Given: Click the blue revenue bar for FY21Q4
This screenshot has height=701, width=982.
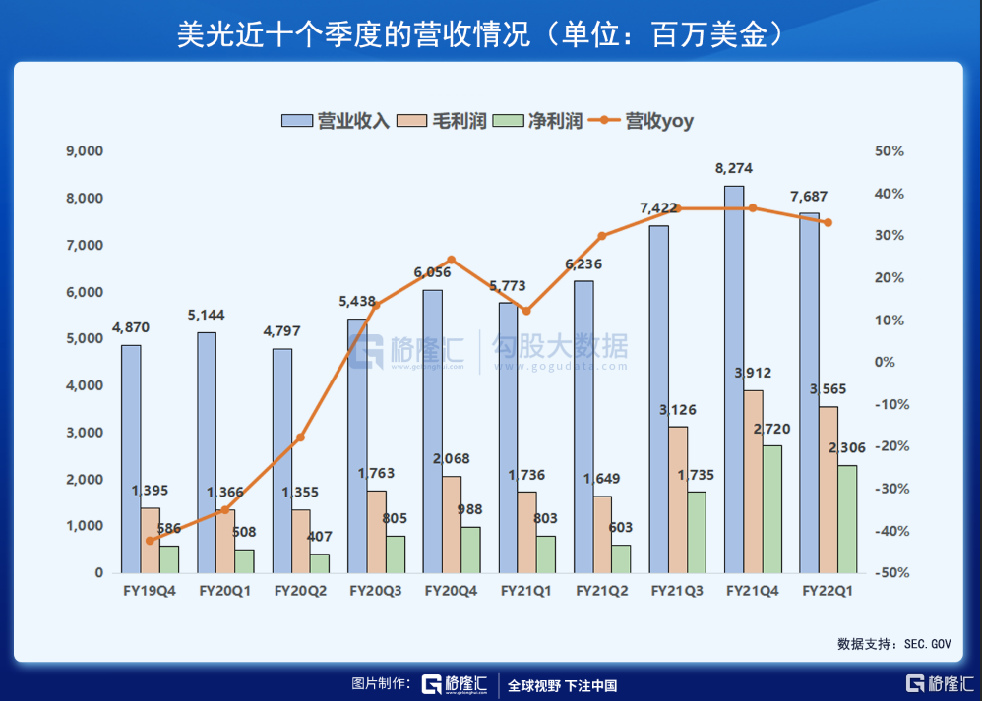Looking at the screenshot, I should (x=734, y=379).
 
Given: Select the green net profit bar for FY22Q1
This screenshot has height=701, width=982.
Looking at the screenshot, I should (x=847, y=519).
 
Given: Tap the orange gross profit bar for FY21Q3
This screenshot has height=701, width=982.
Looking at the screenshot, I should (x=678, y=499).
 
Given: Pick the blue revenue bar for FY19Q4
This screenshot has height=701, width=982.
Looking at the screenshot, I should (x=131, y=459).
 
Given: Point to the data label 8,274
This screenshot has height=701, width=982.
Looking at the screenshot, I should (x=735, y=169).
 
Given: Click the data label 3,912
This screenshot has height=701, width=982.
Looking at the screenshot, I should (x=753, y=373).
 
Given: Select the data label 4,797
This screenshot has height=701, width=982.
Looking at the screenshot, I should (x=281, y=331).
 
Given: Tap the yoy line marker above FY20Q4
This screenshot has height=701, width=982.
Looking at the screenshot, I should (x=452, y=260).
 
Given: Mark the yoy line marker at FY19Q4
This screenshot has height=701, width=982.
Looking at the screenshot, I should (x=150, y=541).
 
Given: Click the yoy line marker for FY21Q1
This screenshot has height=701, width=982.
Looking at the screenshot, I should (x=526, y=311).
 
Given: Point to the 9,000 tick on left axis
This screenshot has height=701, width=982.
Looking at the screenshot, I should (x=84, y=151).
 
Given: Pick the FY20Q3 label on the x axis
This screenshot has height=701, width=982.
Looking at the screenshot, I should (x=376, y=592).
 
